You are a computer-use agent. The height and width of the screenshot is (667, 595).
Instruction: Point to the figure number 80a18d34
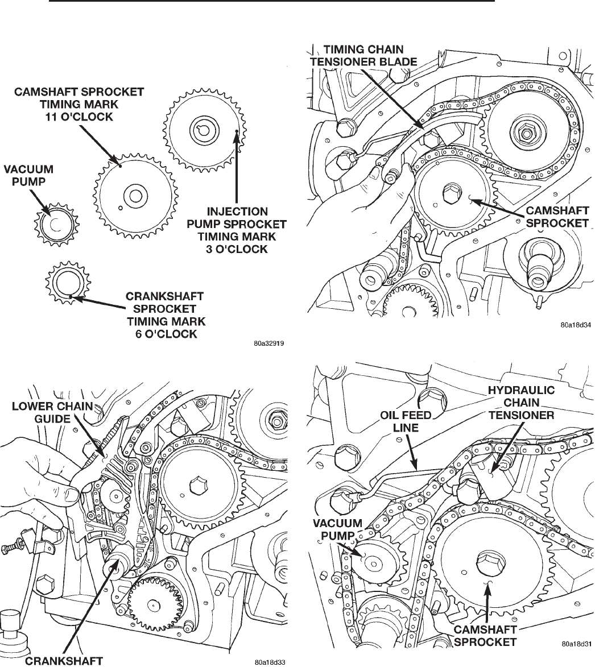573,326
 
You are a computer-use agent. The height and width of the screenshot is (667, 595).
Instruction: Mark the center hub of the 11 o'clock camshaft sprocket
135,195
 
